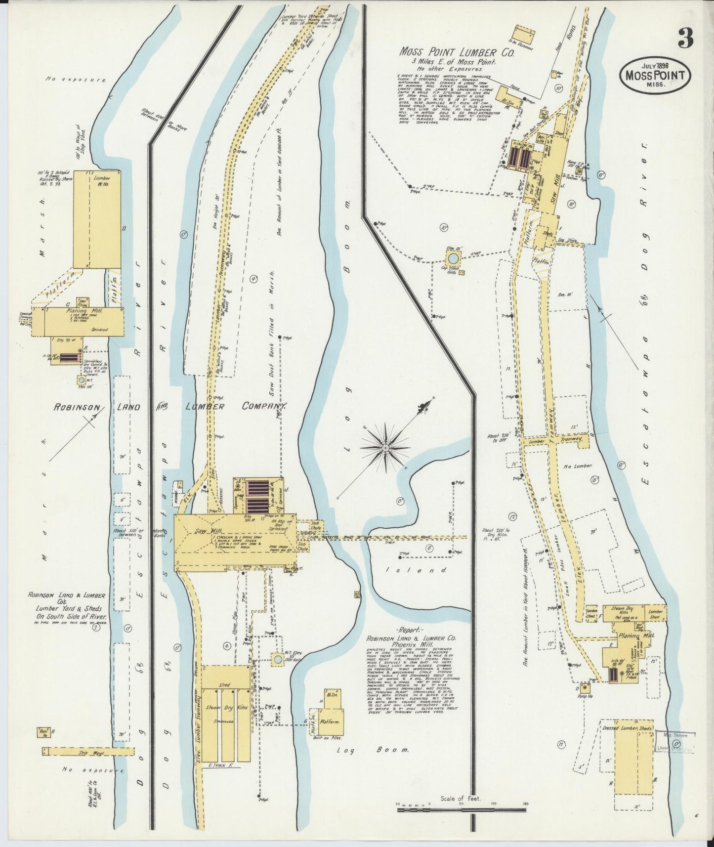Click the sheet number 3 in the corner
click(685, 38)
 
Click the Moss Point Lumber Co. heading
click(457, 52)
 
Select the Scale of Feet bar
click(461, 810)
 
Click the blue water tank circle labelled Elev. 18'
click(453, 258)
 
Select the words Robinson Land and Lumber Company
click(170, 407)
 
